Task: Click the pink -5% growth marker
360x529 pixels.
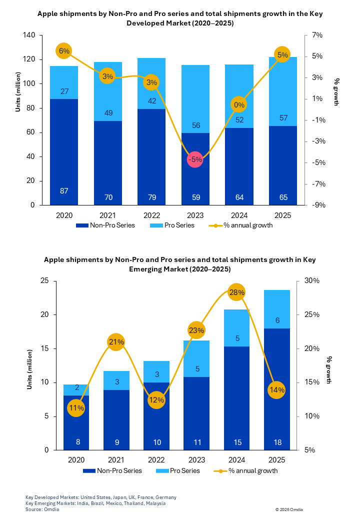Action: pyautogui.click(x=195, y=159)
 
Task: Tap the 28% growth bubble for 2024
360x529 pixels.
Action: pyautogui.click(x=236, y=292)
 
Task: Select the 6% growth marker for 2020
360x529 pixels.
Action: pyautogui.click(x=64, y=51)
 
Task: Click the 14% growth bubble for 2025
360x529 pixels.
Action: pyautogui.click(x=276, y=390)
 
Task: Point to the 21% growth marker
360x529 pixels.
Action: pyautogui.click(x=116, y=342)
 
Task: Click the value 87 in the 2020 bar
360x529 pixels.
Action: pyautogui.click(x=64, y=191)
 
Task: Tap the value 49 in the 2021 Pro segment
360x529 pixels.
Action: pyautogui.click(x=108, y=112)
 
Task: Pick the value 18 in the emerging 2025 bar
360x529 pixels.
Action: pyautogui.click(x=277, y=442)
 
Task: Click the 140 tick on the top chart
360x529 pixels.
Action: pyautogui.click(x=29, y=35)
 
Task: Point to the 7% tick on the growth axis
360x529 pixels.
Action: pyautogui.click(x=317, y=35)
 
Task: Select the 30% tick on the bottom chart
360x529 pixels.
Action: pyautogui.click(x=312, y=280)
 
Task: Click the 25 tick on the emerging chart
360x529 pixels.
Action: pyautogui.click(x=44, y=280)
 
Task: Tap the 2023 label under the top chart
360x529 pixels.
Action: pyautogui.click(x=195, y=215)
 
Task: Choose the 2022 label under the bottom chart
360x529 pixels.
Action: pyautogui.click(x=156, y=460)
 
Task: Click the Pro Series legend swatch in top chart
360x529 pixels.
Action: pyautogui.click(x=156, y=225)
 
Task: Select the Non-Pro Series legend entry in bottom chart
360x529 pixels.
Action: pyautogui.click(x=112, y=470)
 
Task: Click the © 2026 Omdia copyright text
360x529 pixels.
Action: pyautogui.click(x=289, y=509)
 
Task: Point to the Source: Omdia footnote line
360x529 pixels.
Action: pyautogui.click(x=42, y=509)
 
